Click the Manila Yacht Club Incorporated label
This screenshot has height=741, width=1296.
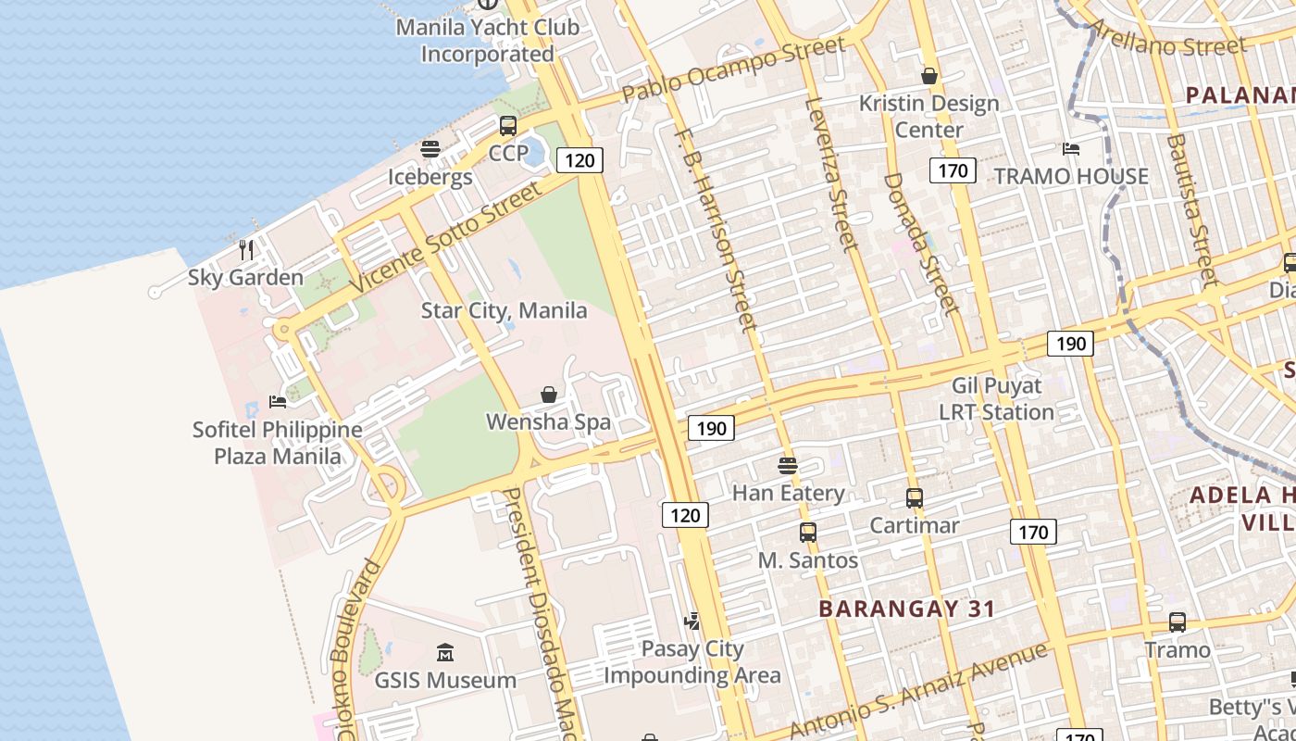[x=487, y=40]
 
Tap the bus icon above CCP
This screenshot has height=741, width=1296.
[x=508, y=125]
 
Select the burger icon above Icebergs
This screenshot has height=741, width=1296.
[x=430, y=148]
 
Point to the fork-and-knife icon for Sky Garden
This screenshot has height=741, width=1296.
[x=245, y=249]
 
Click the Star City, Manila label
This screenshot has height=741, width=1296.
[x=504, y=310]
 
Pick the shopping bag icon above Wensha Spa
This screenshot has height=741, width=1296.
[x=549, y=395]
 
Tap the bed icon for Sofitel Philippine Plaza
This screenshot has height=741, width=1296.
[x=277, y=401]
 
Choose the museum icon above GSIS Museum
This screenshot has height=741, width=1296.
[x=445, y=653]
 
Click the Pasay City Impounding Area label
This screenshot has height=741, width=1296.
[x=692, y=662]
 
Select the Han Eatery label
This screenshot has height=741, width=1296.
[x=788, y=493]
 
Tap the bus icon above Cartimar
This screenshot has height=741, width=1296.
[x=915, y=498]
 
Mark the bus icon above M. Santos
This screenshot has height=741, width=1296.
[x=808, y=533]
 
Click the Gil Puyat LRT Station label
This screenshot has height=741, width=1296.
[x=997, y=398]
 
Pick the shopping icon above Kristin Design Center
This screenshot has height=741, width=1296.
[x=929, y=76]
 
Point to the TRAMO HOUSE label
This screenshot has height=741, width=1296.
[x=1071, y=176]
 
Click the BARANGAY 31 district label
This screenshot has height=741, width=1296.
[x=907, y=609]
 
